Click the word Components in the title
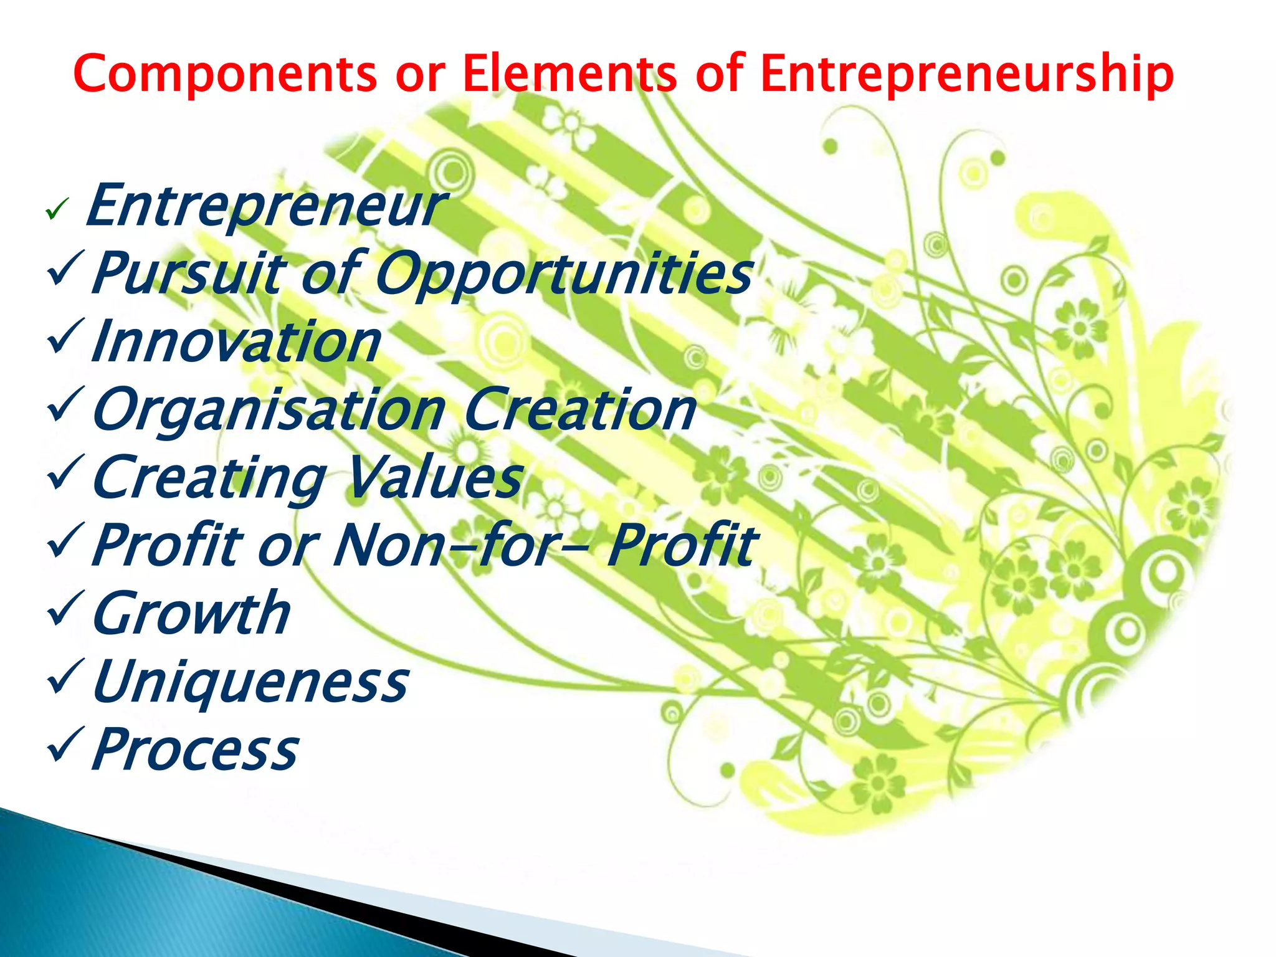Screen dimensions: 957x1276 [x=225, y=74]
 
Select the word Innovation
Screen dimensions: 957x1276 [x=236, y=342]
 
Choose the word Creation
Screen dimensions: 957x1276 [x=579, y=409]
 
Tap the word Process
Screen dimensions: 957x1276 [x=195, y=750]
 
